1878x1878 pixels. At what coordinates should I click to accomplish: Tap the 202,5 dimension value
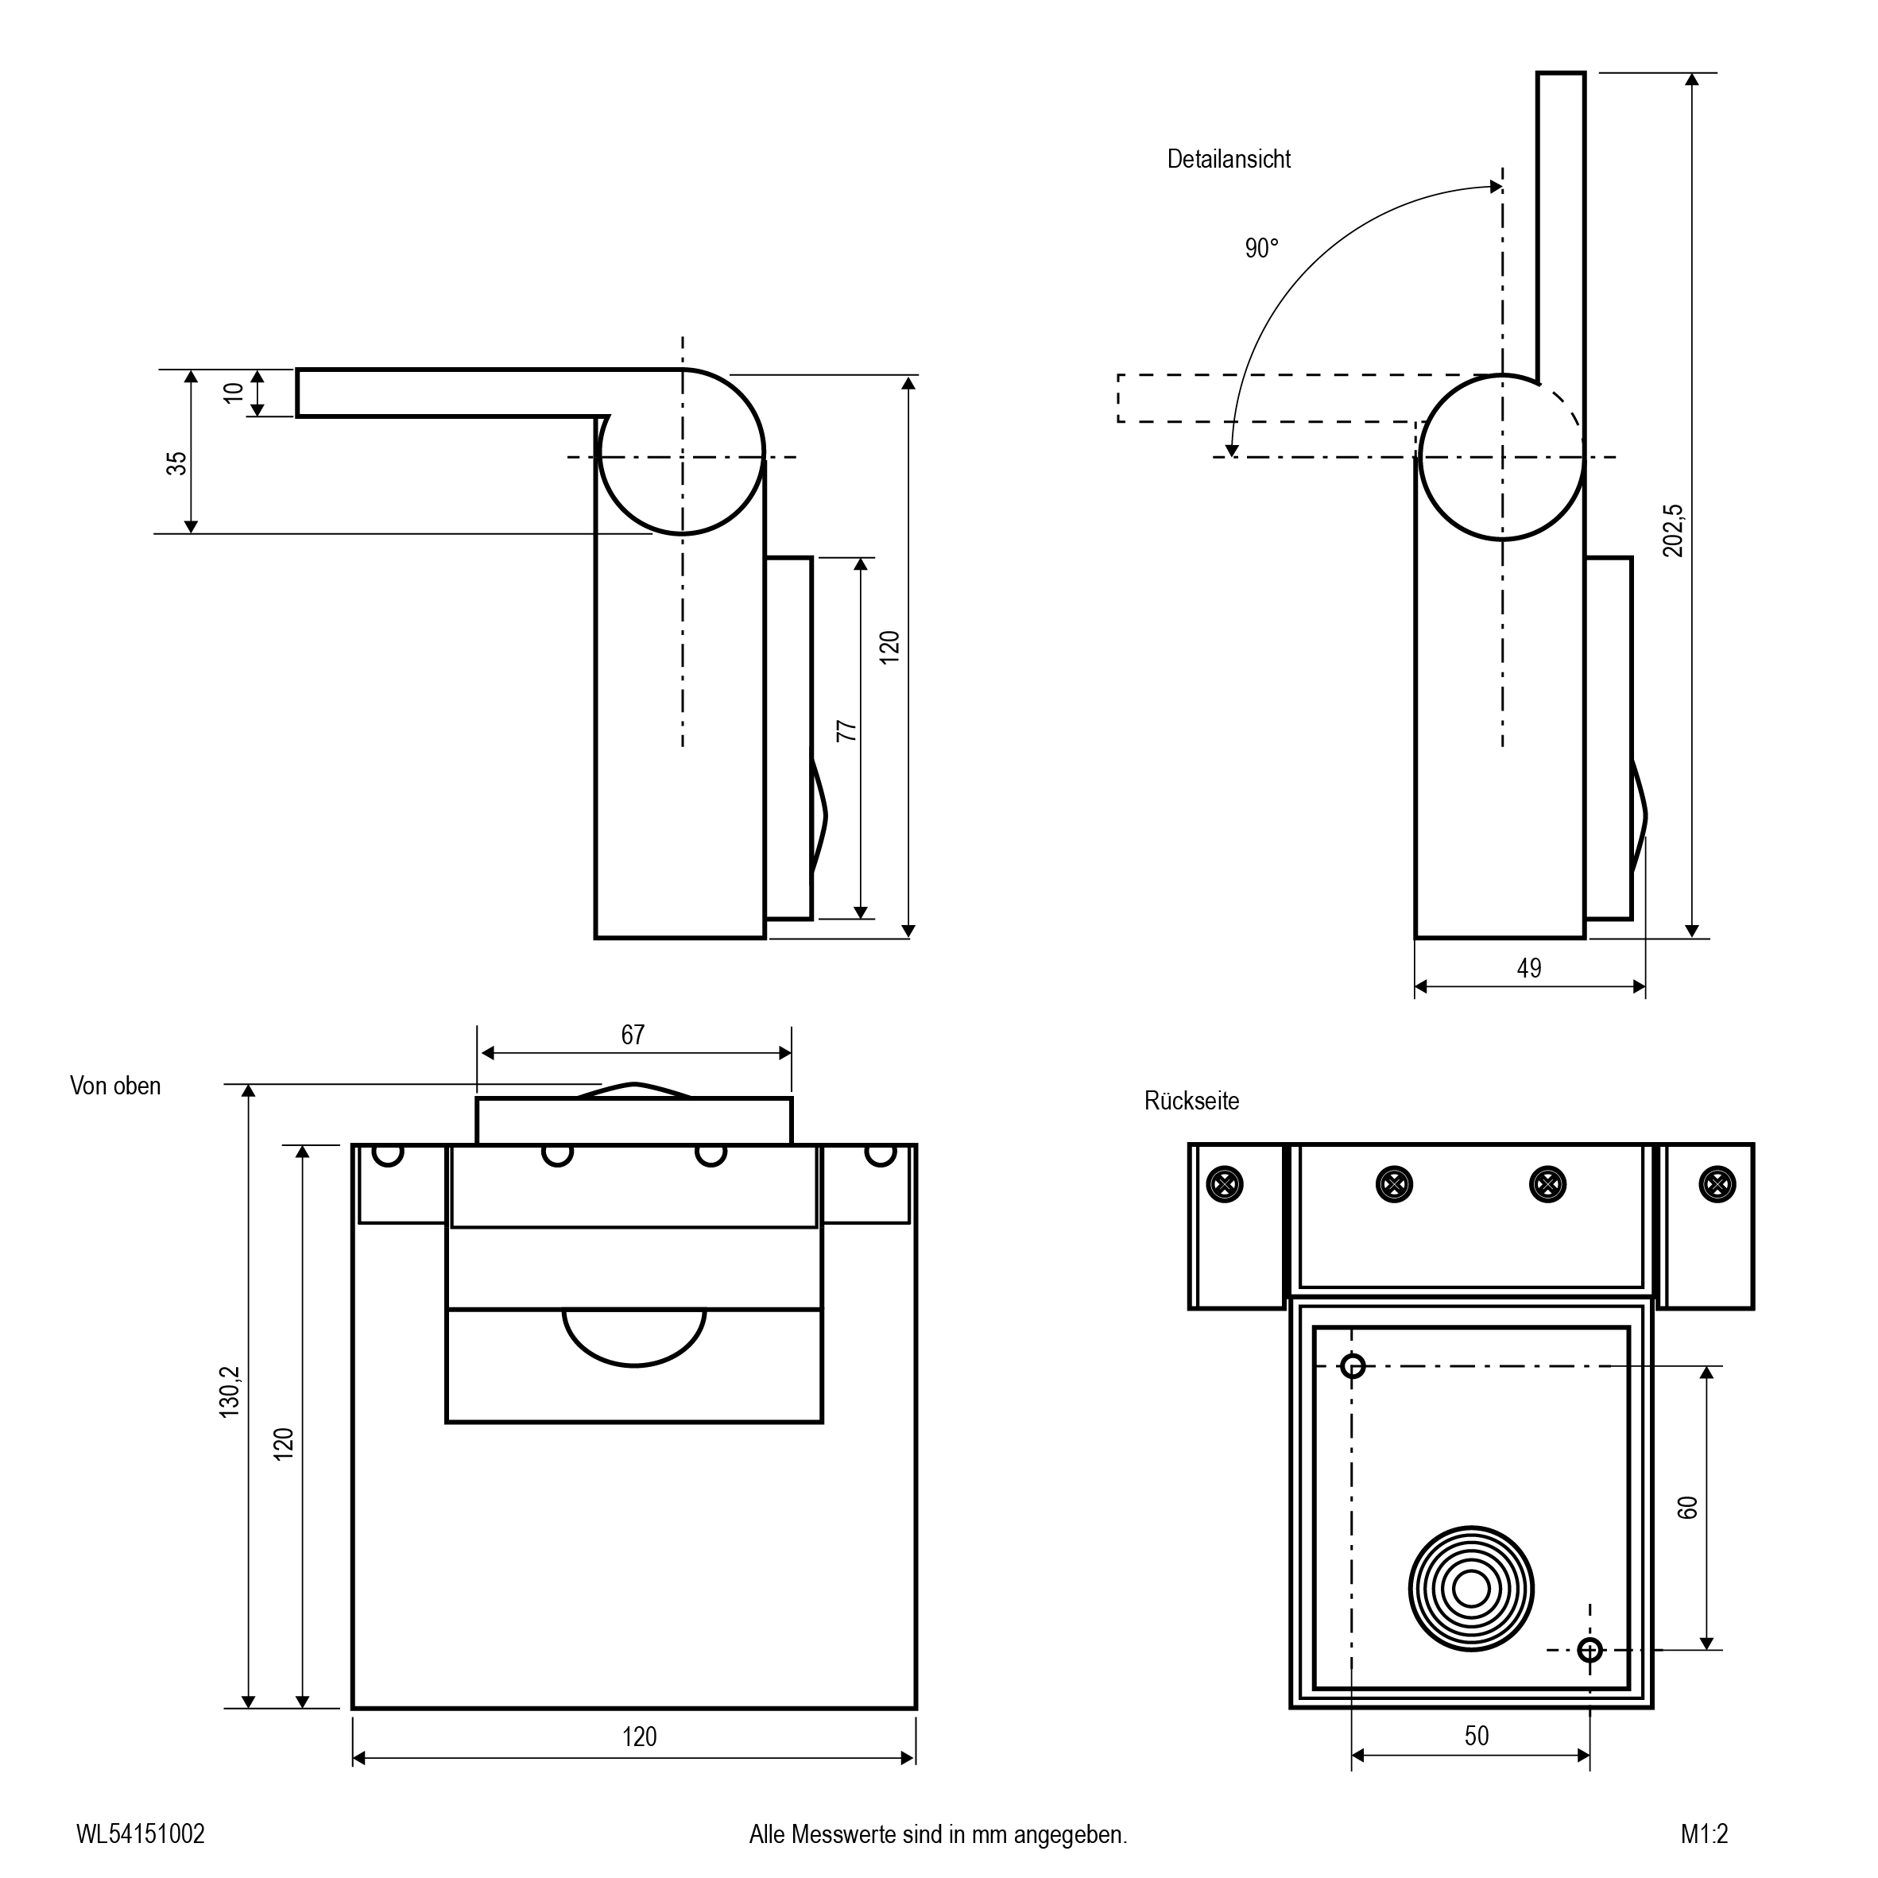pyautogui.click(x=1672, y=531)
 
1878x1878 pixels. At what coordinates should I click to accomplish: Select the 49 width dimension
pyautogui.click(x=1529, y=968)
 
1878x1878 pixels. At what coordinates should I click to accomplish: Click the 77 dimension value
pyautogui.click(x=846, y=730)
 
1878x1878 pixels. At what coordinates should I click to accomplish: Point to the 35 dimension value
pyautogui.click(x=176, y=463)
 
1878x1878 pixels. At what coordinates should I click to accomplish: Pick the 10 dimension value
pyautogui.click(x=234, y=393)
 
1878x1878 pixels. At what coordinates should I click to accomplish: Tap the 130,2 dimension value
pyautogui.click(x=230, y=1392)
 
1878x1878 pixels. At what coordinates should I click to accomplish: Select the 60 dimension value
pyautogui.click(x=1687, y=1507)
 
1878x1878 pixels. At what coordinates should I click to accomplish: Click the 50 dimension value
pyautogui.click(x=1477, y=1735)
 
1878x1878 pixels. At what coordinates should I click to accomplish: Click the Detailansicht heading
pyautogui.click(x=1229, y=160)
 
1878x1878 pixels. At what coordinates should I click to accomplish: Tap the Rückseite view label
pyautogui.click(x=1192, y=1101)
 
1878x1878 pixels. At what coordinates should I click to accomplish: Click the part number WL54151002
pyautogui.click(x=141, y=1834)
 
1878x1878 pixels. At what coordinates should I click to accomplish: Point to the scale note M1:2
pyautogui.click(x=1705, y=1834)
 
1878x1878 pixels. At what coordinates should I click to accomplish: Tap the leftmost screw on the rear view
pyautogui.click(x=1225, y=1184)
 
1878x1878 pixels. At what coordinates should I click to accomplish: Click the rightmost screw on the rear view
pyautogui.click(x=1717, y=1184)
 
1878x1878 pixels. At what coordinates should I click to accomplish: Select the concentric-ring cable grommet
pyautogui.click(x=1471, y=1590)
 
